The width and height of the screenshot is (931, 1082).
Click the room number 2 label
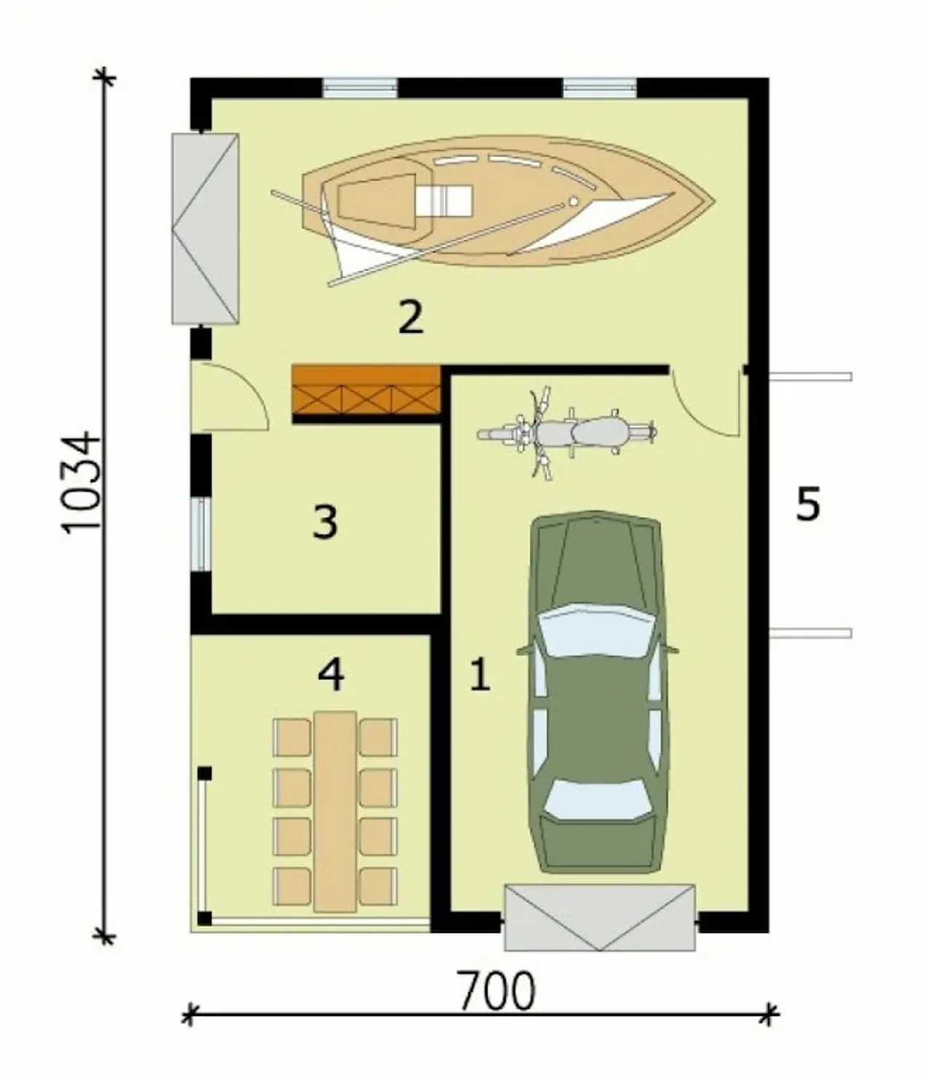pos(410,317)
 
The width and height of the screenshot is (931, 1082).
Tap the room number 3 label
pos(325,521)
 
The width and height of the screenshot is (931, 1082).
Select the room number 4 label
pos(331,675)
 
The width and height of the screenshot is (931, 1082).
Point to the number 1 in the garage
pos(480,675)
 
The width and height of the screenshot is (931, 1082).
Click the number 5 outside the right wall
pos(807,504)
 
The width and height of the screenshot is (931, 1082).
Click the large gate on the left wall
pos(205,228)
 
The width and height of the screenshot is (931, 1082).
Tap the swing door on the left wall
pos(230,397)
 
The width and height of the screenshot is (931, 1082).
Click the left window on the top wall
pos(359,88)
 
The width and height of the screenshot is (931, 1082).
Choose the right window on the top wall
pos(600,88)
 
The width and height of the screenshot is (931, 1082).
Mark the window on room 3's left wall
pos(201,533)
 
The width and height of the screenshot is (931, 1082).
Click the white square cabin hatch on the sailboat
pos(444,200)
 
